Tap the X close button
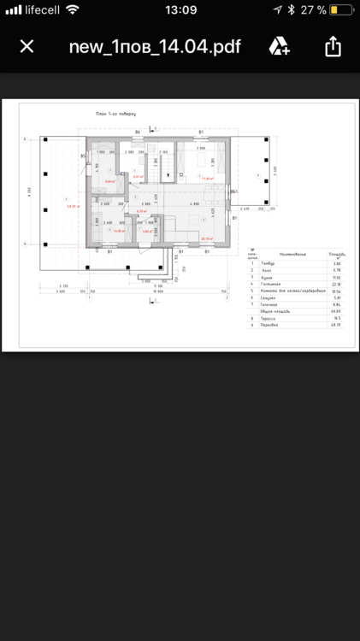click(27, 45)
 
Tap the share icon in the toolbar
click(333, 45)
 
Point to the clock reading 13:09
click(180, 9)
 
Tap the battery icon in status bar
click(341, 9)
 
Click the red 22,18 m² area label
click(206, 238)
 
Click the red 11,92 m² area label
click(207, 179)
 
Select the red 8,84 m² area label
click(109, 181)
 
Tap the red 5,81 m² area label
click(147, 231)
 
